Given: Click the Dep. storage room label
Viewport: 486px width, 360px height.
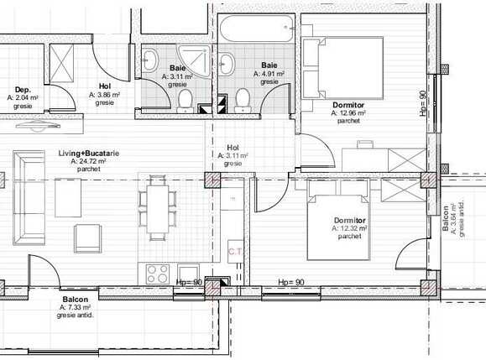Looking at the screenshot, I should click(23, 89).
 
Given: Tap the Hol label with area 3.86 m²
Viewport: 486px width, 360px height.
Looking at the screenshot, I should click(105, 86).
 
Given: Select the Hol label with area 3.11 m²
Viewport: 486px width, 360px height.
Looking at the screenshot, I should click(233, 148).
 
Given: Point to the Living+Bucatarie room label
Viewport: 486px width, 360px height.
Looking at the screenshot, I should click(88, 154).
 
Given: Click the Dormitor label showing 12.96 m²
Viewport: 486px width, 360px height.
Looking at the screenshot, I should click(348, 105).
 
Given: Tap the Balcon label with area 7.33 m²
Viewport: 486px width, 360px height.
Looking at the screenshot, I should click(76, 300).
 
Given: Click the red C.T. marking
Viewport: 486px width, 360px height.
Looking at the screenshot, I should click(235, 250).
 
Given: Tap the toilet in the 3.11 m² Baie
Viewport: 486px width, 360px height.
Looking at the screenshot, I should click(185, 100).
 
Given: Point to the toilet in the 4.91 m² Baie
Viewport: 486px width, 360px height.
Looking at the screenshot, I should click(243, 100).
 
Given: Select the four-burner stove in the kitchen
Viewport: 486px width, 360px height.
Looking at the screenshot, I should click(157, 272).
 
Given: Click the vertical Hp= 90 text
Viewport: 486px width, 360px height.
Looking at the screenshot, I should click(423, 104).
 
